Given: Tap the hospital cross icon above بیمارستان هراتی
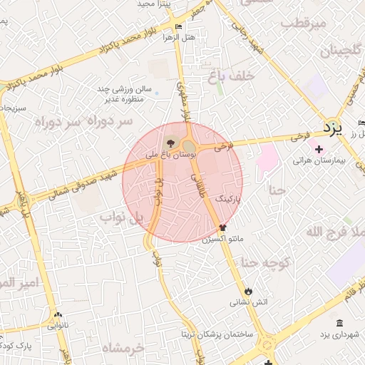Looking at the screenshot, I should point(319,150).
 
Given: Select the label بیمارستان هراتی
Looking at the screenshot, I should point(319,161).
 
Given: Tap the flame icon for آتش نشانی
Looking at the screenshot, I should point(247,292).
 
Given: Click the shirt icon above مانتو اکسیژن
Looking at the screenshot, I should point(223,228).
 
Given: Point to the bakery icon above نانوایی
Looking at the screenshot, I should point(58,314).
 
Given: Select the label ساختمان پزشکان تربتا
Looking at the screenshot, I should point(222,334).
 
